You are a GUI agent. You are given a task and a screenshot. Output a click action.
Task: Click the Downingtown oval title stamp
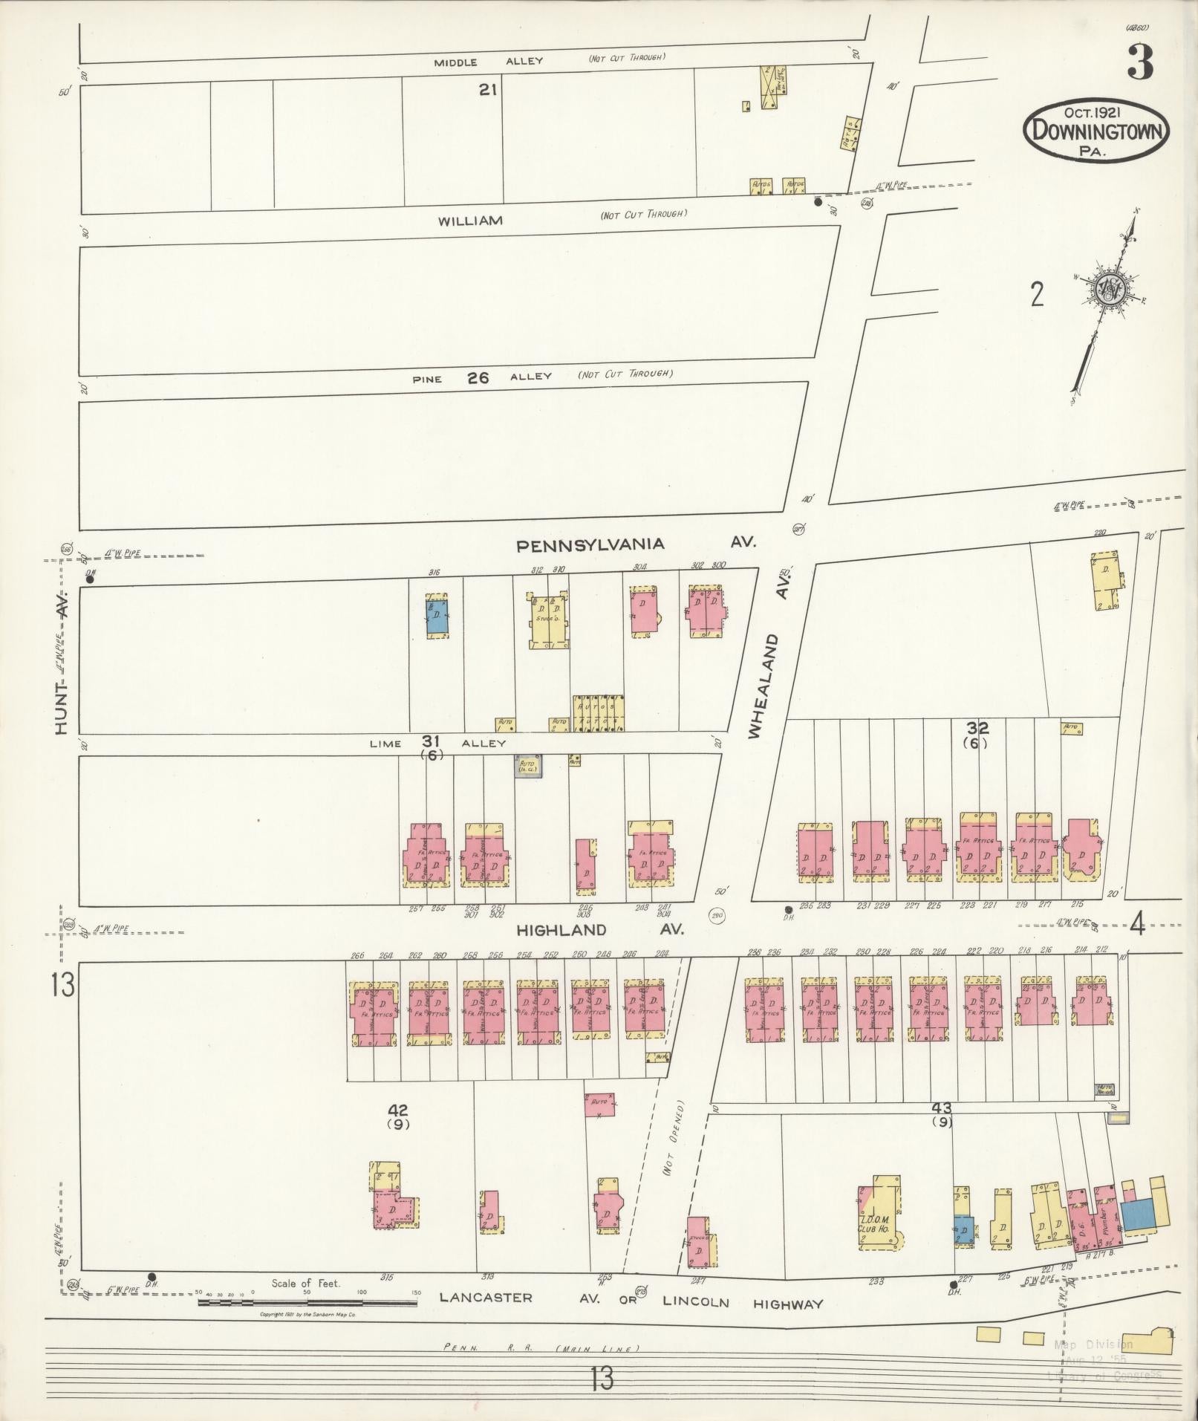(x=1096, y=131)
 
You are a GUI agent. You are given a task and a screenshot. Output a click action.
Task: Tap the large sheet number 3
(x=1139, y=64)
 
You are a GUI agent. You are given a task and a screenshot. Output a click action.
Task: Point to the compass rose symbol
(x=1110, y=290)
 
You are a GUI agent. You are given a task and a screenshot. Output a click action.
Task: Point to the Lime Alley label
(x=438, y=743)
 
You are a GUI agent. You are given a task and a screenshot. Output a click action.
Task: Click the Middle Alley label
(x=489, y=62)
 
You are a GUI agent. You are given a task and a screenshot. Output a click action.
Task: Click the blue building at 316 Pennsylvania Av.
(x=437, y=617)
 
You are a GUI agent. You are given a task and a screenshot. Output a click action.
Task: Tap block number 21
(x=487, y=90)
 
